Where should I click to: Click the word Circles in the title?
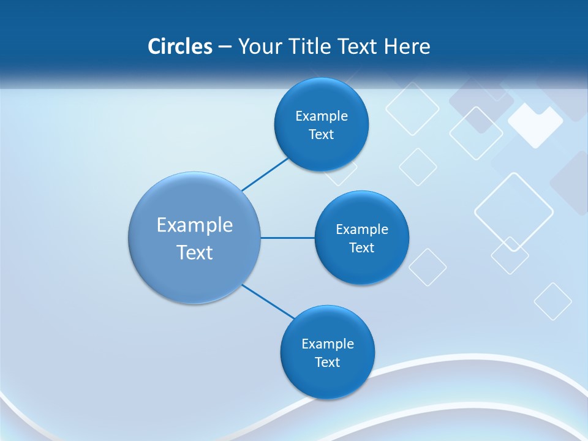pos(179,47)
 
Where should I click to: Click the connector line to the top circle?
pos(265,175)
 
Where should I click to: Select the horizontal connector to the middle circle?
pos(287,238)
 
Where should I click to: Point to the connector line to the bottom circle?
pos(268,301)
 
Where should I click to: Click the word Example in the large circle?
pos(195,225)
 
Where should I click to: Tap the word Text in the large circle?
pos(195,252)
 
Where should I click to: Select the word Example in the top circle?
pos(322,116)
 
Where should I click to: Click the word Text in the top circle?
pos(321,134)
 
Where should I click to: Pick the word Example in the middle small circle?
pos(362,229)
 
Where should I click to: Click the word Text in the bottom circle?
pos(327,362)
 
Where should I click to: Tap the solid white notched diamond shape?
pos(535,125)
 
